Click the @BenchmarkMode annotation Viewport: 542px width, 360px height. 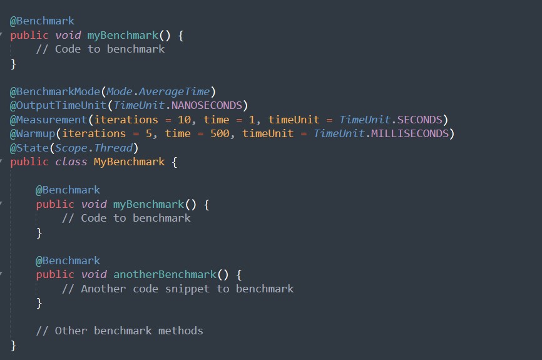coord(54,91)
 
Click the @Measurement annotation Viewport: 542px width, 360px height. coord(48,120)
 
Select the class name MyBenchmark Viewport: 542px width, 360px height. coord(129,162)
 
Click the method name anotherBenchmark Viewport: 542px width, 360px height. coord(165,274)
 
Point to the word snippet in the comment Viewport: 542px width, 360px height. coord(191,289)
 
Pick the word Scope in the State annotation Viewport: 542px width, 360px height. coord(71,148)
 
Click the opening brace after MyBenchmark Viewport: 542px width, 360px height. coord(175,162)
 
